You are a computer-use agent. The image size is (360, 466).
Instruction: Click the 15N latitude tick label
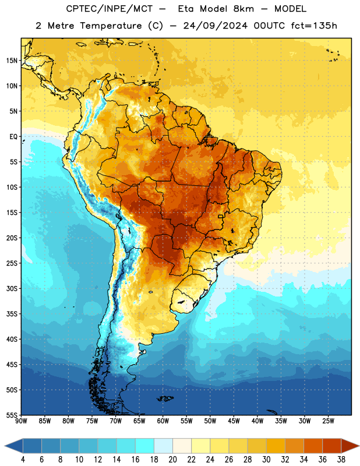pyautogui.click(x=12, y=61)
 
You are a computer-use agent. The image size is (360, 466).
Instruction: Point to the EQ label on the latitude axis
pyautogui.click(x=13, y=137)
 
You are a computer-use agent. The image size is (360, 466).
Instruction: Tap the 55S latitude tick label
pyautogui.click(x=12, y=415)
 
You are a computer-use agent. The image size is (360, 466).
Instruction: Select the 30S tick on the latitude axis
pyautogui.click(x=12, y=288)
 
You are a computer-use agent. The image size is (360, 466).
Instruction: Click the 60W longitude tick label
pyautogui.click(x=163, y=421)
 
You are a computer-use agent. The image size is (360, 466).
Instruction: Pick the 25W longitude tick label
pyautogui.click(x=328, y=421)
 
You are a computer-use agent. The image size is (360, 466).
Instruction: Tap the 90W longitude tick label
pyautogui.click(x=21, y=421)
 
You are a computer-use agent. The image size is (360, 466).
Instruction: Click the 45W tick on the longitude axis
pyautogui.click(x=234, y=421)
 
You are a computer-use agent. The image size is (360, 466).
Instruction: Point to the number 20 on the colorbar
pyautogui.click(x=172, y=460)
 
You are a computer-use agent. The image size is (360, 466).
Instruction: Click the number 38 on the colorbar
pyautogui.click(x=341, y=460)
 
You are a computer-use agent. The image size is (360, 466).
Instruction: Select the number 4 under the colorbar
pyautogui.click(x=23, y=460)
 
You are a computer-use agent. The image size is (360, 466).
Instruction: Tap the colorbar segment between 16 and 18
pyautogui.click(x=144, y=446)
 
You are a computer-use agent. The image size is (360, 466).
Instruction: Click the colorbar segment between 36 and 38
pyautogui.click(x=332, y=446)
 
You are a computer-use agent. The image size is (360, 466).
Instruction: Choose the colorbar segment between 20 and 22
pyautogui.click(x=182, y=446)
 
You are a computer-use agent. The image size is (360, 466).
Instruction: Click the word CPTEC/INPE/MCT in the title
pyautogui.click(x=109, y=9)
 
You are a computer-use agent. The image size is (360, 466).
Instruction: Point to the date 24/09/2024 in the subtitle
pyautogui.click(x=216, y=26)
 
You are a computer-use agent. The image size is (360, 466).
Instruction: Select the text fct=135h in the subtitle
pyautogui.click(x=314, y=26)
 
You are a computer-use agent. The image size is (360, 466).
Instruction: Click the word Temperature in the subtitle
pyautogui.click(x=111, y=26)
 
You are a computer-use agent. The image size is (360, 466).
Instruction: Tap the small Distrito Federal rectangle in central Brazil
pyautogui.click(x=221, y=216)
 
